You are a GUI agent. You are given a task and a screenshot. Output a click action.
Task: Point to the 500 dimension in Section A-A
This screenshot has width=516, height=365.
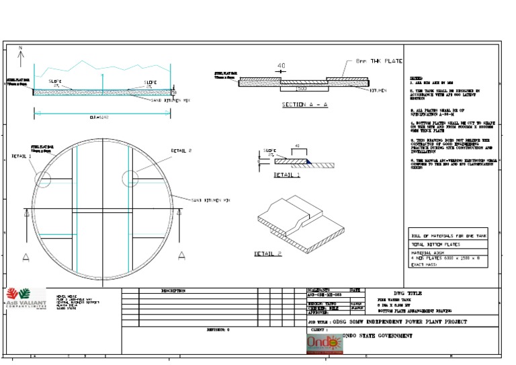tap(302, 87)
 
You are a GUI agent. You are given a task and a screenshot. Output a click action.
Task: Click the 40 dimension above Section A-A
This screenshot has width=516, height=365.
tap(281, 66)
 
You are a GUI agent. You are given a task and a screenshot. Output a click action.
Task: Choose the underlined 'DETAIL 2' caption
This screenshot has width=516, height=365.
tap(267, 253)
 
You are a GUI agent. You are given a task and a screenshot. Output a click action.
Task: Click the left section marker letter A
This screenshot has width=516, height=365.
tap(26, 255)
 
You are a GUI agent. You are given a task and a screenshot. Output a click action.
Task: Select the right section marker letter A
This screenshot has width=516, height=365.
tap(181, 255)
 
